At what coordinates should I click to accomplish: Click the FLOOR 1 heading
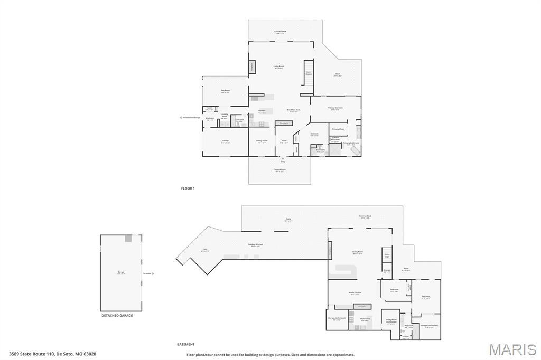point(188,188)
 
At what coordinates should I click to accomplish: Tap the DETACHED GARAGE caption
point(117,315)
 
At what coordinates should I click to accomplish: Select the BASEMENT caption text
point(186,344)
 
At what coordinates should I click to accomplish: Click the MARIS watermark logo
point(512,349)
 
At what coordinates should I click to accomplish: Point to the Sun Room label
point(226,91)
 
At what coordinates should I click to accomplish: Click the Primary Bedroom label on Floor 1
point(335,108)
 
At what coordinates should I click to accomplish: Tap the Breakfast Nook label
point(293,110)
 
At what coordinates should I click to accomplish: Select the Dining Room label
point(262,141)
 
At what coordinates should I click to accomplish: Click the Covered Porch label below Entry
point(279,170)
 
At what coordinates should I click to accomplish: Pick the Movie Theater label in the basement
point(355,293)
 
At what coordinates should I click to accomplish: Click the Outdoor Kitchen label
point(256,244)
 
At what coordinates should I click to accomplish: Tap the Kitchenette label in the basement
point(365,319)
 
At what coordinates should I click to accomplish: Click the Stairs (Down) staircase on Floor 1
point(309,74)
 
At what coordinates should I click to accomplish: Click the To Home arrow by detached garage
point(148,273)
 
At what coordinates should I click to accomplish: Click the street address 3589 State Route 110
point(52,354)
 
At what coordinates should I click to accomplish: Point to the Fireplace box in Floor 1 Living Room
point(252,67)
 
